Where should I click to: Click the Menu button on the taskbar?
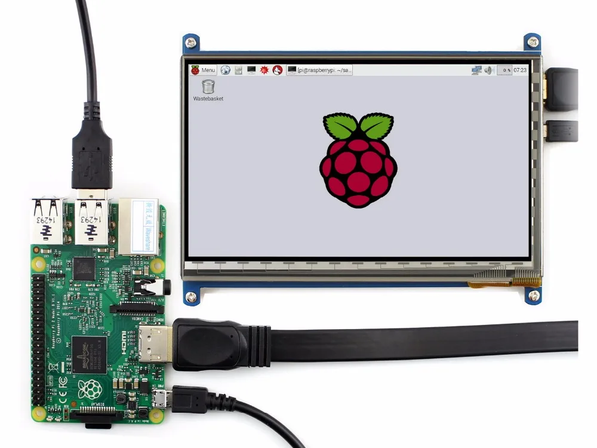[x=203, y=70]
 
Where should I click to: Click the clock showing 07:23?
[x=520, y=70]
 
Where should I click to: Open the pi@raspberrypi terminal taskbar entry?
[x=319, y=70]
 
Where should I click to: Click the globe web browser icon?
[x=225, y=70]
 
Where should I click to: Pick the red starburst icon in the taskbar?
[x=264, y=70]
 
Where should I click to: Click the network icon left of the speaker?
[x=476, y=70]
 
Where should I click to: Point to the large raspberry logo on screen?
[x=358, y=160]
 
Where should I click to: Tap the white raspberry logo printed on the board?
[x=90, y=389]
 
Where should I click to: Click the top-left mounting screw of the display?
[x=191, y=42]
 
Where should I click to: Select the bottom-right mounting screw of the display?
[x=534, y=294]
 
